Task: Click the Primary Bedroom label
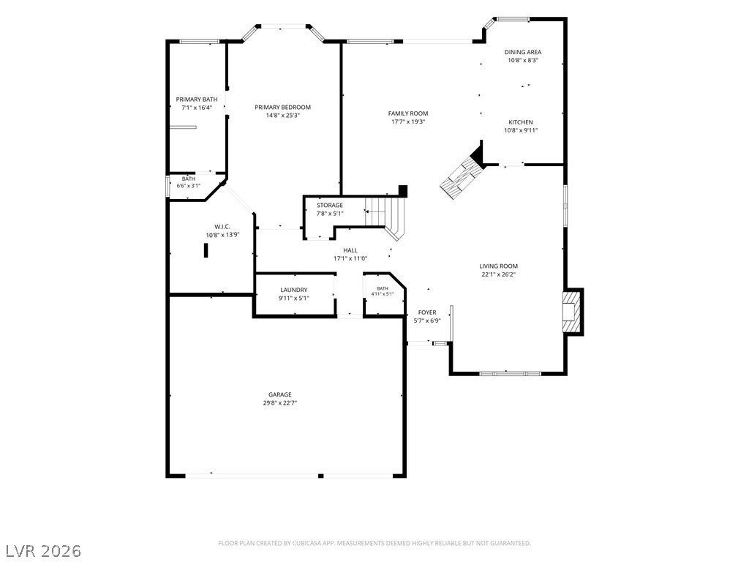click(x=283, y=108)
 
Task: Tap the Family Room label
click(x=408, y=113)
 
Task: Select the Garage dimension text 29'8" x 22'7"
click(x=280, y=403)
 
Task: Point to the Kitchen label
click(x=521, y=122)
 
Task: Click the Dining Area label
click(x=523, y=52)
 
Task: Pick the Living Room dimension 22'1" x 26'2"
click(x=499, y=274)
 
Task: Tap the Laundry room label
click(x=294, y=290)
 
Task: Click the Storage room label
click(x=330, y=206)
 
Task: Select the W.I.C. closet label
click(x=222, y=227)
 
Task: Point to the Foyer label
click(x=427, y=312)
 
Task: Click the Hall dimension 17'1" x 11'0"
click(x=350, y=258)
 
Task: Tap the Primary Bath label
click(x=197, y=100)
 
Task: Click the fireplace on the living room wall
click(x=572, y=312)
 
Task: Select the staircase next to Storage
click(x=385, y=216)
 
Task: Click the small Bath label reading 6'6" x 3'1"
click(x=188, y=179)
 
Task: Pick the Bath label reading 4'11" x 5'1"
click(x=383, y=288)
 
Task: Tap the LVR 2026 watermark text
click(x=41, y=551)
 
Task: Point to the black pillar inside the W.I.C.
click(x=206, y=250)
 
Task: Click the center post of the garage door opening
click(x=321, y=476)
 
